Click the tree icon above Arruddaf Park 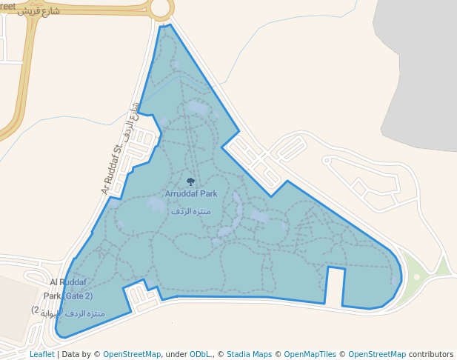click(191, 181)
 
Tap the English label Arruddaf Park click(191, 194)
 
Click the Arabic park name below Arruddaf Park click(191, 211)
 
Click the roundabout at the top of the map click(161, 8)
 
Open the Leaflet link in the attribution click(41, 354)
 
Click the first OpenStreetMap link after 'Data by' click(131, 354)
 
